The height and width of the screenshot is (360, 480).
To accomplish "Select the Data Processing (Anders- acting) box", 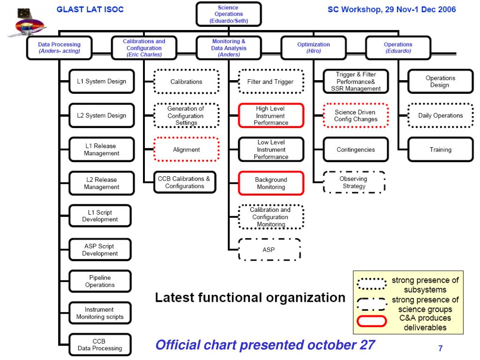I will click(59, 48).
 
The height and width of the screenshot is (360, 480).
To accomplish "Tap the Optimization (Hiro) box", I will click(313, 48).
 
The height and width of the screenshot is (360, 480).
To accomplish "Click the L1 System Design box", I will click(101, 82).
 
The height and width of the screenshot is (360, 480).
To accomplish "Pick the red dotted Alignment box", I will click(186, 150).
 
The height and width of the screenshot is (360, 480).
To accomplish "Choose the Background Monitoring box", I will click(271, 183).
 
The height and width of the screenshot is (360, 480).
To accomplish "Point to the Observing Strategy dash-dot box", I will click(353, 182).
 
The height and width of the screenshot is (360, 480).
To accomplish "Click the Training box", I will click(440, 150).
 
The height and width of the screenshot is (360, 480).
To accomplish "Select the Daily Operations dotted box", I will click(440, 116).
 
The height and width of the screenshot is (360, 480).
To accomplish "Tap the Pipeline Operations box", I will click(99, 281).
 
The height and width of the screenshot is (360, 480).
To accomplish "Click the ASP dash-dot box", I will click(269, 249).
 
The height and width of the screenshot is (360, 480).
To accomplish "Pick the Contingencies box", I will click(356, 150).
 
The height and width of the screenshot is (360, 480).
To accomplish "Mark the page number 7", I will click(440, 348).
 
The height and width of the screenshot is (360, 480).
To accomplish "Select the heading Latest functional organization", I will click(250, 297).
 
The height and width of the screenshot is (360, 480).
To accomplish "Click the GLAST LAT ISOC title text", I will click(90, 9).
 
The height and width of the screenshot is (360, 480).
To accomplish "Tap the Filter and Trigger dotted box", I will click(270, 82).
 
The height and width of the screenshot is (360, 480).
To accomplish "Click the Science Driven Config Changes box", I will click(355, 116).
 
